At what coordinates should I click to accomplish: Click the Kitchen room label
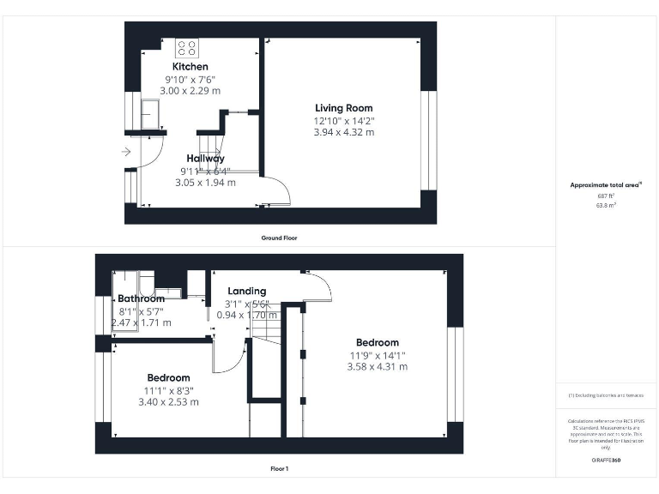tap(190, 67)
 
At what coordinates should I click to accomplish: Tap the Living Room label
tap(343, 108)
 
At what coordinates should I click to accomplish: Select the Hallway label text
tap(206, 159)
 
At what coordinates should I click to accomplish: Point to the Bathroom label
tap(141, 299)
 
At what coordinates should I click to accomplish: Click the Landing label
tap(246, 292)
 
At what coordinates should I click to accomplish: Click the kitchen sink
tap(150, 112)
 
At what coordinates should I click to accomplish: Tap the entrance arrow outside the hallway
tap(126, 153)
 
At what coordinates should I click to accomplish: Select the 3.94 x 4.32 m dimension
tap(343, 132)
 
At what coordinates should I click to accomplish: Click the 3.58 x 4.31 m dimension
tap(378, 367)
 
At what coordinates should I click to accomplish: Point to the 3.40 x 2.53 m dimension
tap(168, 401)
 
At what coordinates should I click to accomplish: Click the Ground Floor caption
tap(279, 238)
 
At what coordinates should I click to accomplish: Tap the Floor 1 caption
tap(279, 469)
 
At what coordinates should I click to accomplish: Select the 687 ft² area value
tap(607, 196)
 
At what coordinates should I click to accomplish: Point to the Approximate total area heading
tap(606, 185)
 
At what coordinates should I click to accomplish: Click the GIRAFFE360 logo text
tap(606, 461)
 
